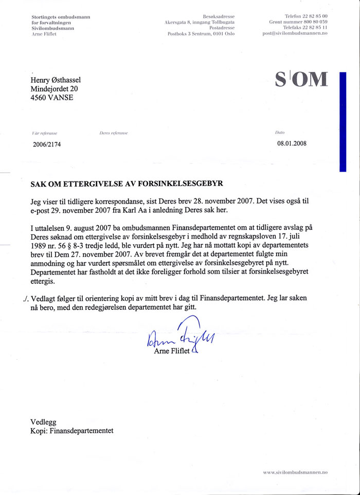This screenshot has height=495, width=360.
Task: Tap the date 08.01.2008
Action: pyautogui.click(x=292, y=143)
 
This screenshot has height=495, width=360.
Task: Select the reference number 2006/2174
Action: pyautogui.click(x=47, y=144)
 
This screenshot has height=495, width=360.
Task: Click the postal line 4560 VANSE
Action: pyautogui.click(x=51, y=98)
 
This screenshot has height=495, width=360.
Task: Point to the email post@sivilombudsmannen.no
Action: pyautogui.click(x=295, y=33)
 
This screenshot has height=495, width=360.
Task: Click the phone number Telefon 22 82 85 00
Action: pyautogui.click(x=306, y=17)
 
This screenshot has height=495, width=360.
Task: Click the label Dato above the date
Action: pyautogui.click(x=281, y=133)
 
